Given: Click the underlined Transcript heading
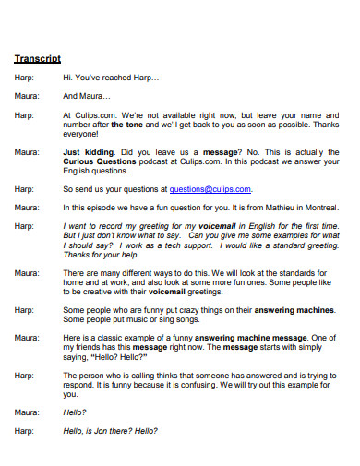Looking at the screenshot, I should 37,58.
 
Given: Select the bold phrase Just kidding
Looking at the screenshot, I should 89,150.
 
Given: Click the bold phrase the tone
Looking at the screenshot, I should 131,124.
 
